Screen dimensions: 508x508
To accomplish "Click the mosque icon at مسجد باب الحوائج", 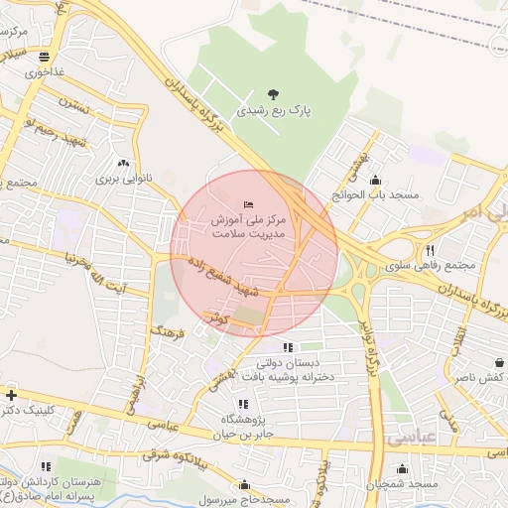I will coord(376,180).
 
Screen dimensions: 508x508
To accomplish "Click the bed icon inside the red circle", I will coord(247,204).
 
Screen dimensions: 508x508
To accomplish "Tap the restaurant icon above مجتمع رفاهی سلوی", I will coord(430,250).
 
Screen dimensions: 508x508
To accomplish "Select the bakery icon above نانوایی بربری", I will coord(123,164).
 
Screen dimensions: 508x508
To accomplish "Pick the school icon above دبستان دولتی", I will coord(288,347).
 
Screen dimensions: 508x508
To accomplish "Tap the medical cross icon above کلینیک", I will coord(10,394).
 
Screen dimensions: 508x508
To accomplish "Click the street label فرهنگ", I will coord(168,328).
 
